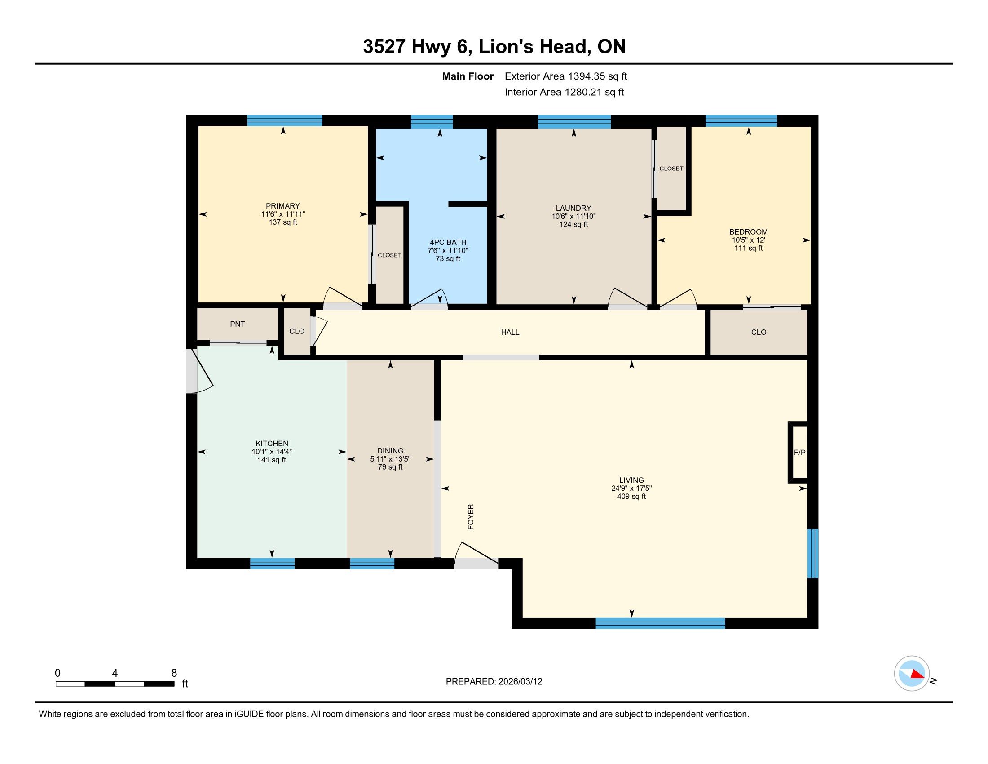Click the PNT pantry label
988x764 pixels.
[237, 324]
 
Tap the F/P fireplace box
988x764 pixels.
[798, 452]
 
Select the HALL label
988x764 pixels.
[510, 332]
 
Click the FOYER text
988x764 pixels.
[471, 516]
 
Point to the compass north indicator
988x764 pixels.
[912, 674]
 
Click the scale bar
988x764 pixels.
[115, 684]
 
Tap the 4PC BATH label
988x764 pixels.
[448, 242]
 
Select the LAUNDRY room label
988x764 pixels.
[573, 208]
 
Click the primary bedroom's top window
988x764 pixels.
[285, 120]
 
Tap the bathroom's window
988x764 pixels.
[432, 122]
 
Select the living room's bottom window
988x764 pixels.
[660, 623]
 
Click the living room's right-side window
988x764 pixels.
[813, 553]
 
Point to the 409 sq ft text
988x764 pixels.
[631, 497]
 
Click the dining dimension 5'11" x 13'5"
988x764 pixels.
[390, 459]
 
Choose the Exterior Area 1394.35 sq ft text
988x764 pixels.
[566, 76]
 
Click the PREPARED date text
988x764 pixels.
[494, 681]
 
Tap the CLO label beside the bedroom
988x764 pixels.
[759, 332]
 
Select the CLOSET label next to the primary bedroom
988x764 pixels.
[389, 255]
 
